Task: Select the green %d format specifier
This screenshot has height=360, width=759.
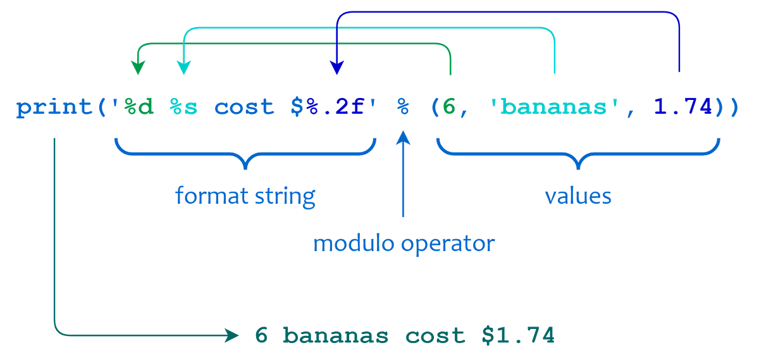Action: (x=136, y=108)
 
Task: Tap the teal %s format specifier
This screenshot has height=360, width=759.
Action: (x=183, y=108)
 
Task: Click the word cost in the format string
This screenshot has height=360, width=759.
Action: (x=244, y=108)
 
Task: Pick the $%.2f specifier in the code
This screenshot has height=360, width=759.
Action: (x=330, y=108)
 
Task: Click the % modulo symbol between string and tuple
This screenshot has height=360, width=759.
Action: (x=402, y=108)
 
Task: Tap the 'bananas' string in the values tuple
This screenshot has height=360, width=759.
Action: (x=556, y=108)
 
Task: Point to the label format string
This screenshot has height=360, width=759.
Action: (x=245, y=196)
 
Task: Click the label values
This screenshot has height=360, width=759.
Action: (x=578, y=196)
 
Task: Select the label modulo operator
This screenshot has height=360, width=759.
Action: (x=404, y=244)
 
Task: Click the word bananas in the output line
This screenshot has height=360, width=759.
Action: (x=331, y=335)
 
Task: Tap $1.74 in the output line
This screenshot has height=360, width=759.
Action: (x=518, y=335)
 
